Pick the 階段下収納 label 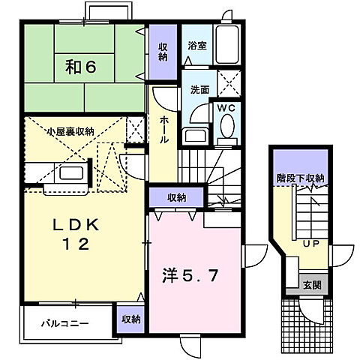pos(298,178)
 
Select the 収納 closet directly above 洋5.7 pos(177,198)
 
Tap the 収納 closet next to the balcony pos(130,319)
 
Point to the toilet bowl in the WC pos(226,129)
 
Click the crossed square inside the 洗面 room pos(226,82)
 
